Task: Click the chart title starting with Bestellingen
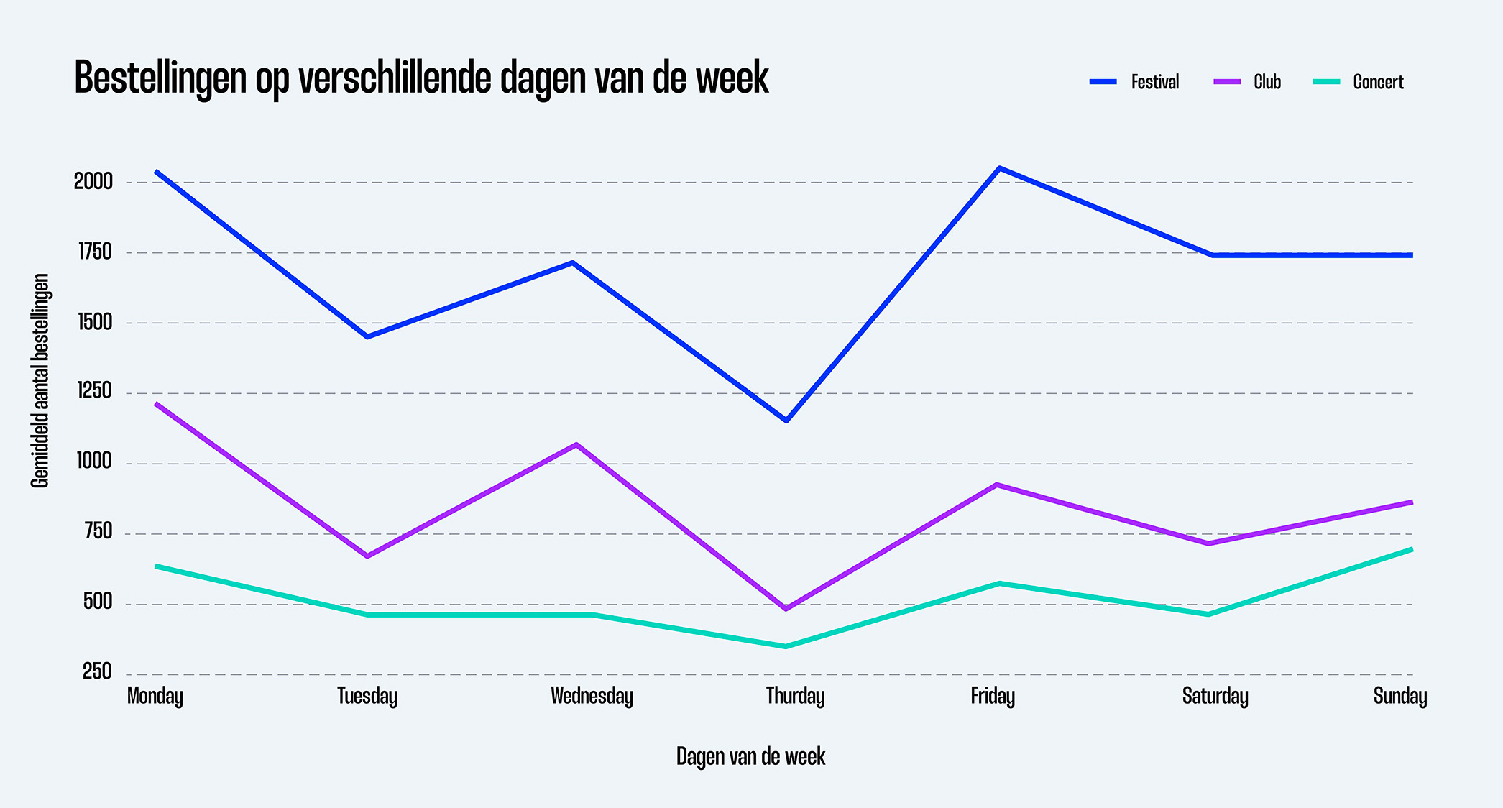421,78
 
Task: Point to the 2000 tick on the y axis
93,181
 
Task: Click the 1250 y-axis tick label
95,391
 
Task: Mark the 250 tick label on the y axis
97,672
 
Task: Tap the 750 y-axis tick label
98,532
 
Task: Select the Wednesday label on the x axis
592,696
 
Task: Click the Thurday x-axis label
795,696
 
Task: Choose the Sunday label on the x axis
1399,696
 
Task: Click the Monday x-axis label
155,696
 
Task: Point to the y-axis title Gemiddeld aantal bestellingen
40,381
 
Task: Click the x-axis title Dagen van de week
750,756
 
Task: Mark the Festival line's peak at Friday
999,168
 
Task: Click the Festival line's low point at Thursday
786,421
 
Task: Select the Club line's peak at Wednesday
576,444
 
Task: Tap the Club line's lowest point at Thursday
786,609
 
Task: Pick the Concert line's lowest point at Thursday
786,646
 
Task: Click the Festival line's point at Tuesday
367,336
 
